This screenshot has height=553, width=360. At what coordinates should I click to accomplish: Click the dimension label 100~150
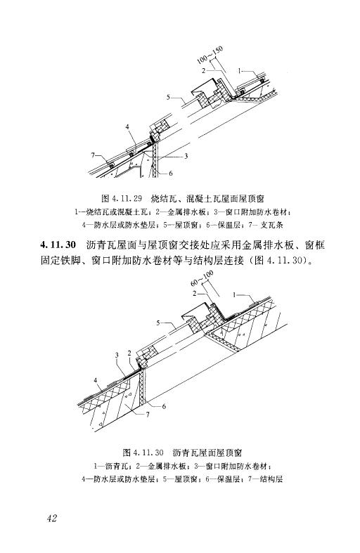pos(212,55)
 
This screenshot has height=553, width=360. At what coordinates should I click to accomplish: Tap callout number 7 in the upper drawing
pos(94,155)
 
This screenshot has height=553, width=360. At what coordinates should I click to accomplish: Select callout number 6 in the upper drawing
pos(171,173)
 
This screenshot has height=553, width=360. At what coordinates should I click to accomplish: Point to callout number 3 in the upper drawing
pos(186,156)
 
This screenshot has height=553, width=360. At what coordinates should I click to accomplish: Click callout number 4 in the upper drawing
pos(127,127)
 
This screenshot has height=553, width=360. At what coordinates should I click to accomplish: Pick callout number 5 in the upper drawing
pos(168,96)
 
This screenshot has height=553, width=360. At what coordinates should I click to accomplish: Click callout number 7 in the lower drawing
pos(148,415)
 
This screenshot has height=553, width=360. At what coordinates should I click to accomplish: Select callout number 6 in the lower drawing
pos(164,407)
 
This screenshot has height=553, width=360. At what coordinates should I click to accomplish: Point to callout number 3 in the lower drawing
pos(117,355)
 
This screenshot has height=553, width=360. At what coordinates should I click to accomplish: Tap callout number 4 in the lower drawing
pos(96,380)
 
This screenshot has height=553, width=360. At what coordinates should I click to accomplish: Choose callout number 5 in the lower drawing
pos(158,323)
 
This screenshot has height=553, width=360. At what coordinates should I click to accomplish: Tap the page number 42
pos(51,519)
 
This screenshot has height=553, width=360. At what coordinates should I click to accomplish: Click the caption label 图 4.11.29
pos(122,199)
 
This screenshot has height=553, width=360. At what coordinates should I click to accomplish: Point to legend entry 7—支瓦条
pos(265,225)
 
